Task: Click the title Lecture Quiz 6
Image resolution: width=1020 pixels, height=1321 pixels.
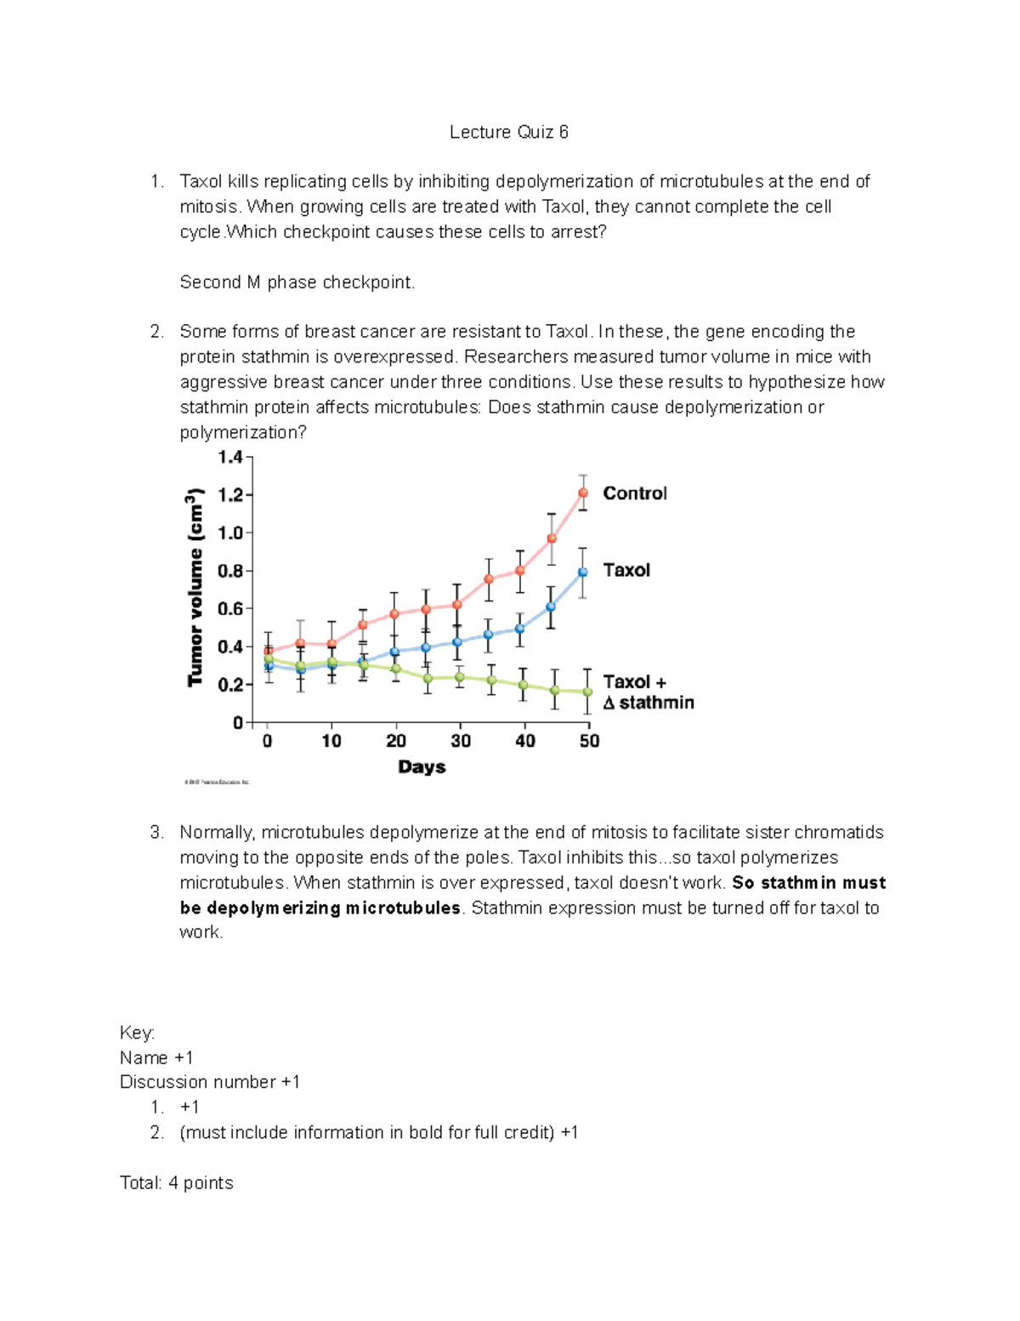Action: tap(508, 132)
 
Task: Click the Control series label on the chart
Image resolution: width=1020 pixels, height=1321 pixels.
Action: tap(634, 493)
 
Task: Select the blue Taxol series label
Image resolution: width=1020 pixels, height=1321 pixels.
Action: tap(626, 570)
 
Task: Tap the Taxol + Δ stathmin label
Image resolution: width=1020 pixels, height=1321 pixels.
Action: tap(648, 692)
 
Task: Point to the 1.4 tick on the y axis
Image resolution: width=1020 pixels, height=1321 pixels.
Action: tap(230, 458)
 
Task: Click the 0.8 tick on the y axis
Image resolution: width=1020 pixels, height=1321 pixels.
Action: tap(230, 571)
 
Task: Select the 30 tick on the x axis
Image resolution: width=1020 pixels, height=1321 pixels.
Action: tap(461, 741)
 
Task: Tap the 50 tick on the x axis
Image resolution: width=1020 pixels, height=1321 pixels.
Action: tap(589, 741)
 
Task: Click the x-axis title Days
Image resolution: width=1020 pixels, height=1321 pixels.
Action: tap(422, 766)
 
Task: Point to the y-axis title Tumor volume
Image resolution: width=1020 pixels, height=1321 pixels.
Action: tap(195, 587)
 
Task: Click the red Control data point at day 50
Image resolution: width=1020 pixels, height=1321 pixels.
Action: tap(583, 493)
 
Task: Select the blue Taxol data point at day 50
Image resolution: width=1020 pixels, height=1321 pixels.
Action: tap(583, 572)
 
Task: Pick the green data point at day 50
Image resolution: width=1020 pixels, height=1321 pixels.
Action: tap(587, 692)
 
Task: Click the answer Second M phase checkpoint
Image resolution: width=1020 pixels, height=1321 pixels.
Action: tap(297, 282)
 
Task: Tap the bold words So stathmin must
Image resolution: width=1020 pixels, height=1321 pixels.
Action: tap(808, 882)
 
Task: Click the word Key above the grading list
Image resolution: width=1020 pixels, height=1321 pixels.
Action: tap(137, 1033)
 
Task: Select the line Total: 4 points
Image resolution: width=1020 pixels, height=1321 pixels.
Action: tap(176, 1182)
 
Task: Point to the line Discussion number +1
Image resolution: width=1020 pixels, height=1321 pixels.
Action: tap(209, 1082)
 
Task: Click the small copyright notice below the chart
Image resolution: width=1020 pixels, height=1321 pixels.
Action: tap(217, 782)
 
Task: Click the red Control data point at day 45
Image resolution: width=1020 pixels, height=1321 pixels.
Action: tap(552, 538)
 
